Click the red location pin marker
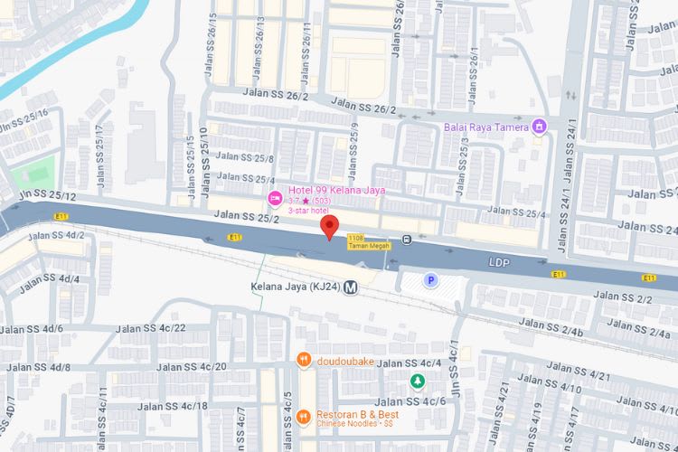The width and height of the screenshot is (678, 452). click(x=330, y=226)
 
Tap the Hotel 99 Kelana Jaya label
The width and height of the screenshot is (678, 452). click(x=331, y=190)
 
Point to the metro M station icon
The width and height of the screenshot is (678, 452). click(x=351, y=287)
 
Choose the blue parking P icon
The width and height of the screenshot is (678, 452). click(x=431, y=281)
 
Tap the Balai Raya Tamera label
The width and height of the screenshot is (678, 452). click(x=486, y=127)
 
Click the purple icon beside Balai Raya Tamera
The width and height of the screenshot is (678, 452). click(x=541, y=126)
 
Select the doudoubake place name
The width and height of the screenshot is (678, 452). click(x=345, y=361)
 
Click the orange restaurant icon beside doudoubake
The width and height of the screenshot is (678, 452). click(x=304, y=361)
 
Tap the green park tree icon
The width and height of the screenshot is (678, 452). click(x=417, y=381)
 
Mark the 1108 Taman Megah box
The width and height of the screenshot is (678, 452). click(x=367, y=240)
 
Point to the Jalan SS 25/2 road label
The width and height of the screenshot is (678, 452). click(x=247, y=217)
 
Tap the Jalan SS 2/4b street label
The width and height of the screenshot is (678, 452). click(x=551, y=332)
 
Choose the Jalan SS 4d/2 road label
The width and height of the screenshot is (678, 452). click(x=56, y=236)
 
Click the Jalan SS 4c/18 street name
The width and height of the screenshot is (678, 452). click(x=171, y=406)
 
